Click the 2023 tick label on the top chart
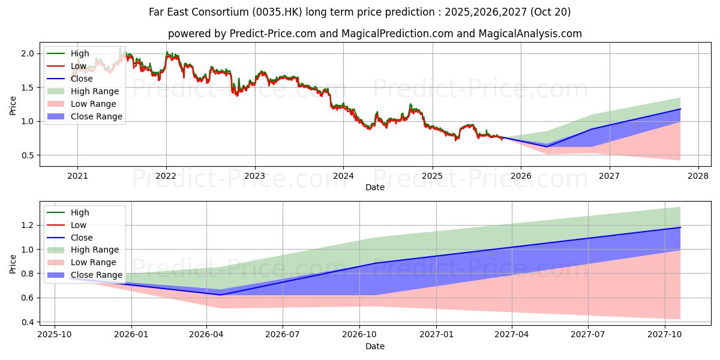(254, 176)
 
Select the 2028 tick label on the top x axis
(698, 176)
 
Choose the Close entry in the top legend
(82, 79)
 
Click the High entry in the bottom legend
(80, 212)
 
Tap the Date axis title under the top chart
(375, 187)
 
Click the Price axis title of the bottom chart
(13, 263)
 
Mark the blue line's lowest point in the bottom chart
(220, 295)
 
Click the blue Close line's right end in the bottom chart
(680, 227)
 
